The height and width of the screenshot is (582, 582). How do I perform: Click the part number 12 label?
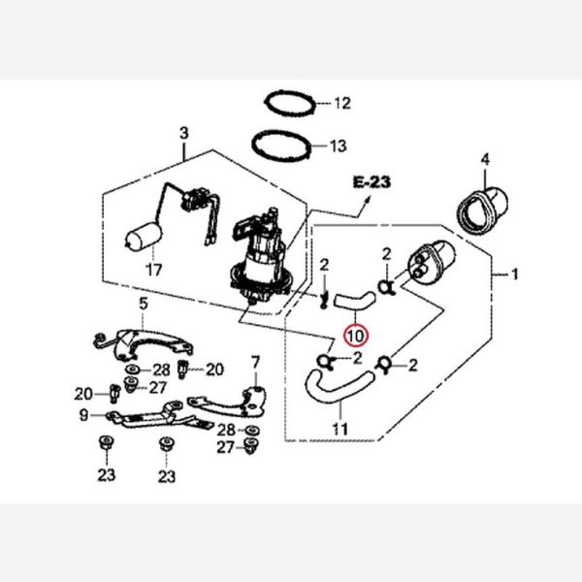[x=340, y=102]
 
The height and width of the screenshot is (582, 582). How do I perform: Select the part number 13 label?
[x=338, y=147]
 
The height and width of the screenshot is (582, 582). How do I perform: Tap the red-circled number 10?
[x=355, y=337]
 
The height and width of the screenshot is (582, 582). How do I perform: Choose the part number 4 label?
[x=485, y=158]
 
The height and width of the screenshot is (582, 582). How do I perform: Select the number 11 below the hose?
[x=339, y=428]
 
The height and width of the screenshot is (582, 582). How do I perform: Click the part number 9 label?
[x=84, y=415]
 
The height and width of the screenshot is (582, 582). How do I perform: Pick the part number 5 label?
[x=143, y=304]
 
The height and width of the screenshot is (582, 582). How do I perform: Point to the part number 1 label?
[x=515, y=275]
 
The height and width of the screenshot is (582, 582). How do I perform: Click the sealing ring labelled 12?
[x=289, y=101]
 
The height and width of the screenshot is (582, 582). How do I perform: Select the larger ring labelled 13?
[x=283, y=145]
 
